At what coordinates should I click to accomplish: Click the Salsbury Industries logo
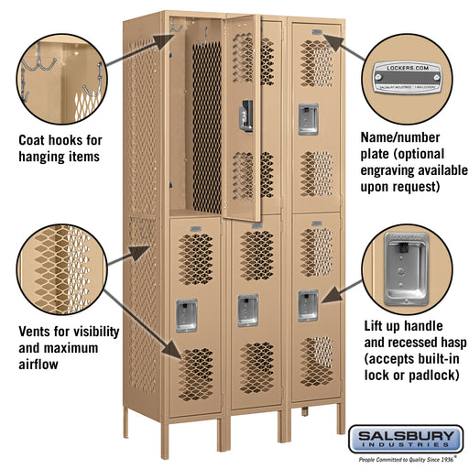[410, 439]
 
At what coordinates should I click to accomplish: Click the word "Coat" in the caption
[38, 141]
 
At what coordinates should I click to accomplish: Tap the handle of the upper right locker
[305, 115]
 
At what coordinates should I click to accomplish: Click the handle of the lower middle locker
[246, 309]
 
